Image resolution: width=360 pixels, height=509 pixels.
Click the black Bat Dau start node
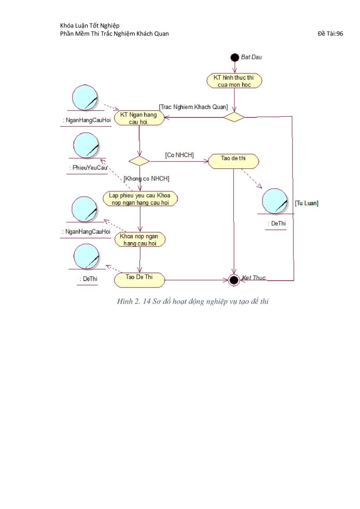(x=234, y=58)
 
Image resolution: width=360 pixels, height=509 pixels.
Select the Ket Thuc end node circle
(x=234, y=280)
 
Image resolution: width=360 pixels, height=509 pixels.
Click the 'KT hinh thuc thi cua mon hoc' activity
(x=234, y=81)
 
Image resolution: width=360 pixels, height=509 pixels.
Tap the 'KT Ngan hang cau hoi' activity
(x=139, y=118)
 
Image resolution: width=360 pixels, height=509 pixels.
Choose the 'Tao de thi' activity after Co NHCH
(x=233, y=161)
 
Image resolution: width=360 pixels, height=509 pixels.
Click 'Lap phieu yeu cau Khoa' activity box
(x=140, y=199)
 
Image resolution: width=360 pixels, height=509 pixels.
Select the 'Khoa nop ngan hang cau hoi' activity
(x=140, y=239)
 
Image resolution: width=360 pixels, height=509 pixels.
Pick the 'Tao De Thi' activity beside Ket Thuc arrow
(x=139, y=280)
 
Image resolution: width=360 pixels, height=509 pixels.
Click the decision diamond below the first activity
(x=234, y=117)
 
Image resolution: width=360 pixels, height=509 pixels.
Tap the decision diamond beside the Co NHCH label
(x=139, y=161)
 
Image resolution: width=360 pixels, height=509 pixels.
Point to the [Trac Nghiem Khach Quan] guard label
(x=193, y=107)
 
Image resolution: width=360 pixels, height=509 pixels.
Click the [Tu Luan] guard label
(x=307, y=203)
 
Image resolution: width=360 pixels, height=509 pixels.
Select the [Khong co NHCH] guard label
(x=146, y=179)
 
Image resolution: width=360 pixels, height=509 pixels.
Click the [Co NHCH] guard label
(x=179, y=155)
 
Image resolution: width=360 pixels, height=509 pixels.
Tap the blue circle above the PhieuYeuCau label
(x=86, y=145)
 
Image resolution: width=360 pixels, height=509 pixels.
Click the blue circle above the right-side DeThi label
(x=275, y=201)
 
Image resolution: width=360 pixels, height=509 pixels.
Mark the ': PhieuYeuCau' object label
(x=88, y=168)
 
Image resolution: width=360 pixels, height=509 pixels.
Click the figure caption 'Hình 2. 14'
(x=134, y=301)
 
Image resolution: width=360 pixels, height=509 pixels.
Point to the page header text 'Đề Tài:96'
(x=330, y=34)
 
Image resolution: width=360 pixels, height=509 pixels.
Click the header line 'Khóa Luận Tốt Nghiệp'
(x=90, y=26)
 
